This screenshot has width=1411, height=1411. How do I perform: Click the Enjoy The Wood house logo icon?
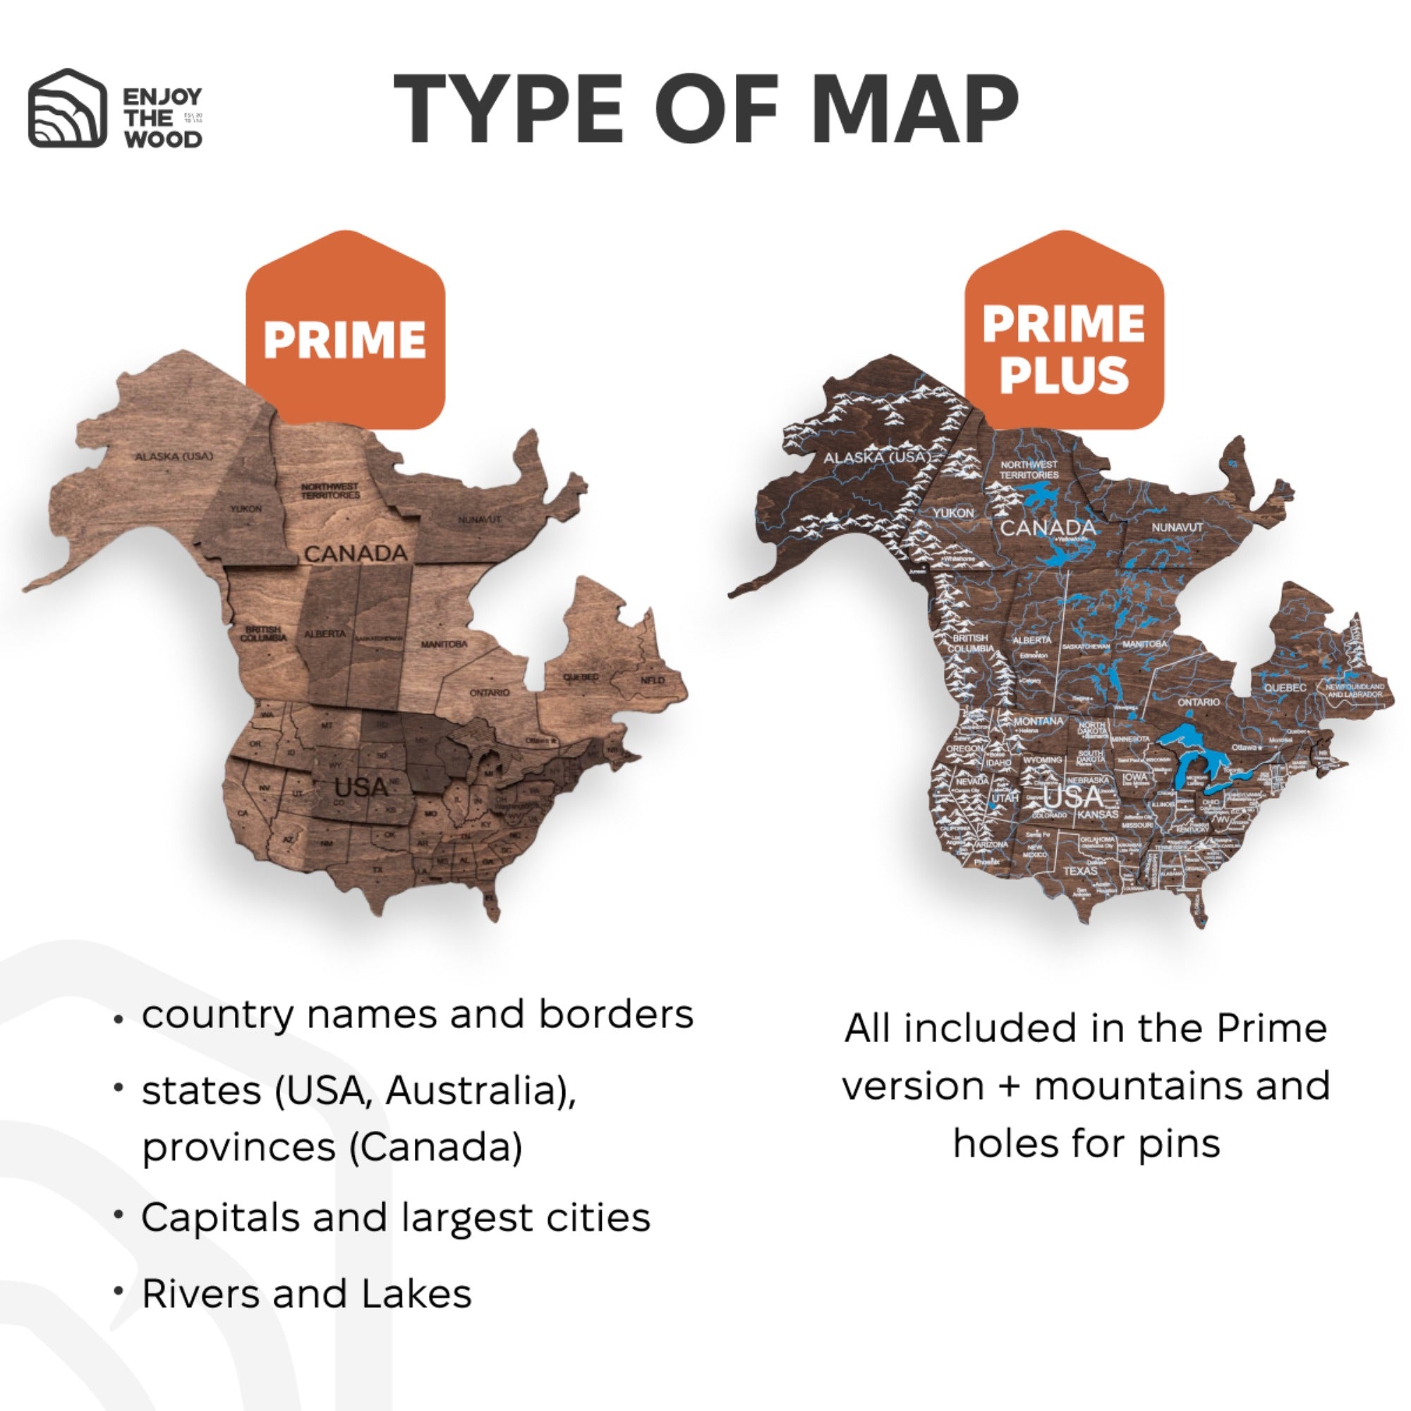pyautogui.click(x=67, y=109)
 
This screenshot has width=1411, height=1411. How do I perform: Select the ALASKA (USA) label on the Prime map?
pyautogui.click(x=174, y=456)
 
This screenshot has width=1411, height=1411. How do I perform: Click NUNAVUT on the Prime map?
pyautogui.click(x=480, y=520)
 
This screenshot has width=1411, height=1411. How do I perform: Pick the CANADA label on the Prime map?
pyautogui.click(x=356, y=554)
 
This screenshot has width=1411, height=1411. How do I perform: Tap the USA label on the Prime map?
pyautogui.click(x=361, y=787)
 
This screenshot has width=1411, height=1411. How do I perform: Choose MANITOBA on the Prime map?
pyautogui.click(x=444, y=644)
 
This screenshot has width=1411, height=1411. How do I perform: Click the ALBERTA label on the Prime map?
pyautogui.click(x=325, y=634)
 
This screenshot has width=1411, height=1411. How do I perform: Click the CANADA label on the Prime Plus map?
pyautogui.click(x=1047, y=527)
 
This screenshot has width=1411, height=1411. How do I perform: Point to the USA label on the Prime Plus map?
pyautogui.click(x=1072, y=796)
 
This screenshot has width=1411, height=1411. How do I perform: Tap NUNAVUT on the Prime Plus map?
pyautogui.click(x=1177, y=526)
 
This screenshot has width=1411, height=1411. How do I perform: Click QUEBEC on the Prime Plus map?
pyautogui.click(x=1285, y=688)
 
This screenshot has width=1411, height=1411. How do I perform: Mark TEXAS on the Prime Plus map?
pyautogui.click(x=1080, y=871)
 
